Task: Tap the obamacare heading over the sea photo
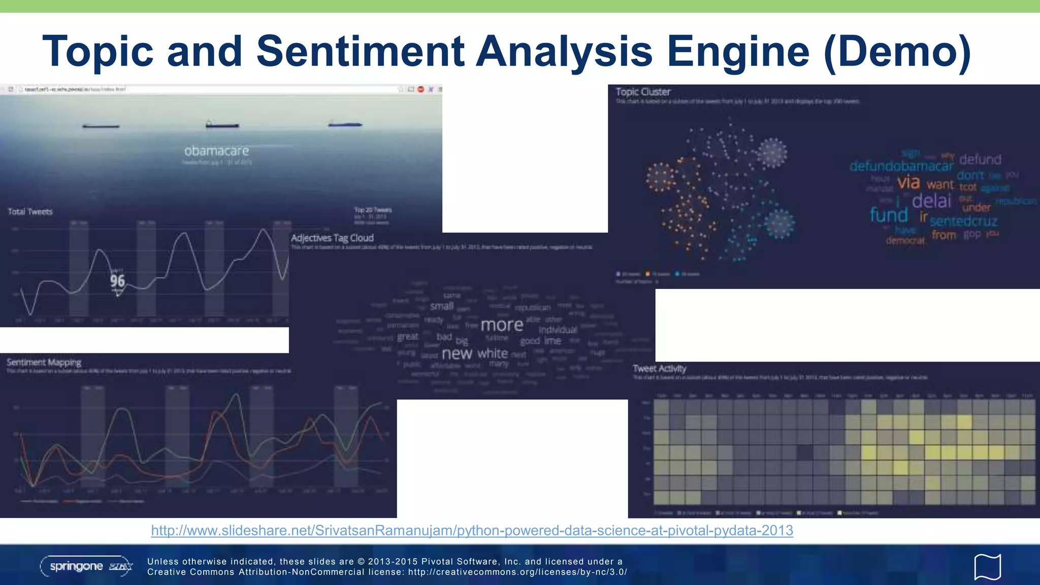(x=217, y=151)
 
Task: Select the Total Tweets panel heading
(x=30, y=212)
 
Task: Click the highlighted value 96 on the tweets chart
(x=117, y=281)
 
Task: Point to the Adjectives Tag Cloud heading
(x=332, y=238)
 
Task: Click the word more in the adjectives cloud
(x=502, y=325)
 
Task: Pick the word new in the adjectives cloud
(x=457, y=353)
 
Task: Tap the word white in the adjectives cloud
(x=493, y=353)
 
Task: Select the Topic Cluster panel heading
(x=643, y=92)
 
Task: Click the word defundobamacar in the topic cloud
(x=901, y=166)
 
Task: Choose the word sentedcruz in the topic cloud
(x=963, y=221)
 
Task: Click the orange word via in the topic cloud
(x=908, y=182)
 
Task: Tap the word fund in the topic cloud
(x=889, y=215)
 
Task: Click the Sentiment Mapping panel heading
(x=44, y=362)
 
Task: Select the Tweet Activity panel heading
(x=659, y=368)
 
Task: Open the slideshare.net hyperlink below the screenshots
(x=472, y=530)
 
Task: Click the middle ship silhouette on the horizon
(x=222, y=124)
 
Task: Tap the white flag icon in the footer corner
(x=987, y=567)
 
